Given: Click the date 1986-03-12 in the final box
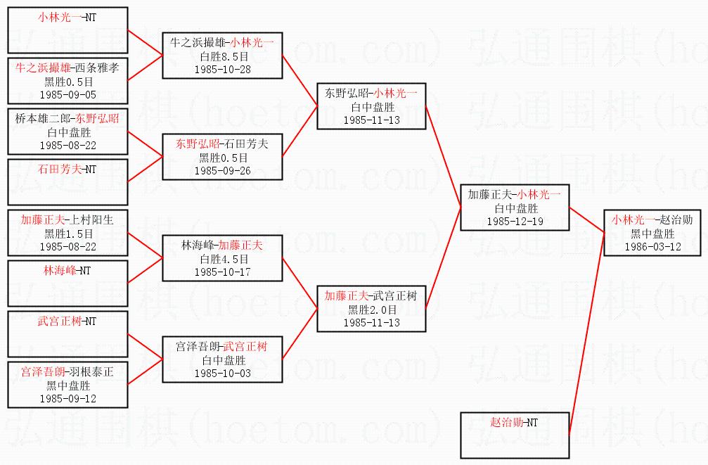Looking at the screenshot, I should (652, 246).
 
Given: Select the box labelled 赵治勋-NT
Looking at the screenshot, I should (515, 435).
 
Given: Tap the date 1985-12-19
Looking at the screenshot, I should (515, 221).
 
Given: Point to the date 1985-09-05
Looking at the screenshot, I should (67, 94).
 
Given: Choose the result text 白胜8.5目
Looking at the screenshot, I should (222, 56).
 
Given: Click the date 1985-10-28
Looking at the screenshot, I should (222, 69).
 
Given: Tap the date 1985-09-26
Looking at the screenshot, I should (222, 170).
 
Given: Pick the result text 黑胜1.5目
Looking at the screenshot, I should (67, 233).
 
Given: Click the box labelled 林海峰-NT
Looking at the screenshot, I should (67, 282).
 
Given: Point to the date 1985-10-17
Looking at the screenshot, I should (222, 272).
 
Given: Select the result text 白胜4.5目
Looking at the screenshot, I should (222, 258).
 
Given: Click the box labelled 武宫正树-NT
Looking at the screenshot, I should (67, 333).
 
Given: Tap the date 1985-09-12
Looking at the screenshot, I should (67, 398).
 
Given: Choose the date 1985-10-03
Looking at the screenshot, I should (222, 373).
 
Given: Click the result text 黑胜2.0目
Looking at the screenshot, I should (371, 309).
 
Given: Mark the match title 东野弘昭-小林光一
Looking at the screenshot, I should (371, 93).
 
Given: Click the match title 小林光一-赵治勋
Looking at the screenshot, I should (652, 219).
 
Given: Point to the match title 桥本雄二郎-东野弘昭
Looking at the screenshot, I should (67, 118).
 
